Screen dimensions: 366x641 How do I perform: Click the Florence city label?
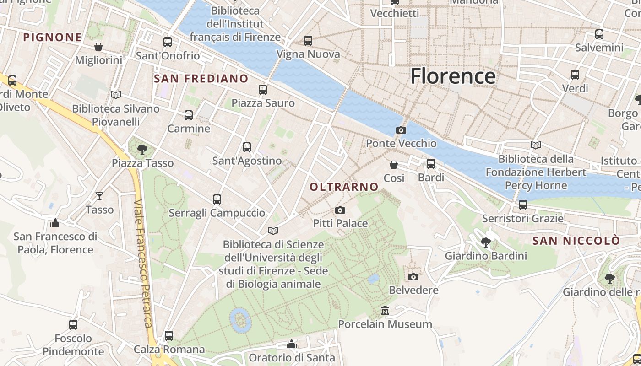(453, 76)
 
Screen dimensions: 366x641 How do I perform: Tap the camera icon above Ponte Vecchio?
(401, 130)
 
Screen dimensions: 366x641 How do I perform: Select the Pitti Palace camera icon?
(340, 210)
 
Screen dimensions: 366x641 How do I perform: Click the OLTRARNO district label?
(344, 187)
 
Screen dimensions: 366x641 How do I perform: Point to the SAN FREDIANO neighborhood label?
(201, 79)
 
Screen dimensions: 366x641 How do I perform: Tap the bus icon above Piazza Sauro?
(263, 90)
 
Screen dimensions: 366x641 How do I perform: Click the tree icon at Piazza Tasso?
(142, 149)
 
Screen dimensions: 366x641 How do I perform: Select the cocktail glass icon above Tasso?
(99, 196)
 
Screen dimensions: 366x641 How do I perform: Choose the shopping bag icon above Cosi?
(394, 165)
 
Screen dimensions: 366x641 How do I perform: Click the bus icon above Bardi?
(431, 164)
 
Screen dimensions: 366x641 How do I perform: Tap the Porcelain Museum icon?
(385, 311)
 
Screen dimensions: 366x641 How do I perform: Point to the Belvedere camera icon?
(413, 277)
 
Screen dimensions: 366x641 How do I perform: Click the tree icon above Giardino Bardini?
(486, 242)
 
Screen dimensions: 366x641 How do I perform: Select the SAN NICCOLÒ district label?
(576, 241)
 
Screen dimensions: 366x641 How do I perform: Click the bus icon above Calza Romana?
(169, 336)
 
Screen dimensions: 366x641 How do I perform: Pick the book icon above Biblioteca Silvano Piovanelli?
(116, 95)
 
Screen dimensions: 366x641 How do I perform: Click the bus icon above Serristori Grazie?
(523, 205)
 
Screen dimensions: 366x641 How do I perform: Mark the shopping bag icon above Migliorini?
(98, 47)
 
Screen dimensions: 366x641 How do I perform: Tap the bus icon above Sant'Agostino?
(247, 147)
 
